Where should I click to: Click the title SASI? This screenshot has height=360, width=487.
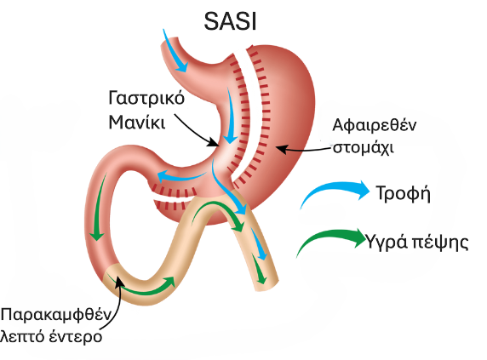[230, 22]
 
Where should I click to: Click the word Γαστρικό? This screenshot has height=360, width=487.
[146, 99]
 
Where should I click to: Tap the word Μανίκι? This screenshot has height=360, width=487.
[137, 122]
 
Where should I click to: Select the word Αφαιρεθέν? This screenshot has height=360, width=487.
[375, 125]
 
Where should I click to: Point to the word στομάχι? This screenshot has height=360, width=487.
[364, 147]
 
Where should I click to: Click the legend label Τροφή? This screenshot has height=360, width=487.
[404, 193]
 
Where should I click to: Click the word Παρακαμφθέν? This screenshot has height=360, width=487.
[56, 315]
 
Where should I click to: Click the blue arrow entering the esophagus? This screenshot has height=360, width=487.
[175, 53]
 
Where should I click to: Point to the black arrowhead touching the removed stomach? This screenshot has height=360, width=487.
[280, 149]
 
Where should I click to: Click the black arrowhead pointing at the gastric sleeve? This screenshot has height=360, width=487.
[214, 142]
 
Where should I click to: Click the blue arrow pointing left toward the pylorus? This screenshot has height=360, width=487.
[180, 177]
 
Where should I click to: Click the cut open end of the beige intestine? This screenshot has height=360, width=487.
[266, 286]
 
